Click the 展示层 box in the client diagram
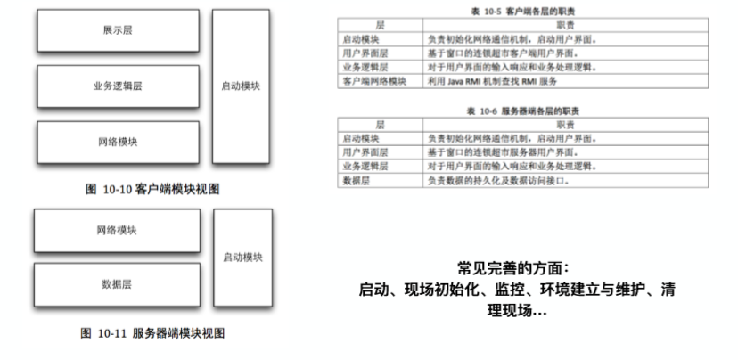[117, 30]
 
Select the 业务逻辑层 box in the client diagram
[117, 86]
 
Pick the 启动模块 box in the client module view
[241, 86]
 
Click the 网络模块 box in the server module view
[117, 230]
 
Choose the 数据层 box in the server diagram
[117, 284]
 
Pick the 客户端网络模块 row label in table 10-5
[373, 80]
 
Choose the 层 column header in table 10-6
[381, 126]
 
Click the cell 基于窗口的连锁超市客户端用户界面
[508, 53]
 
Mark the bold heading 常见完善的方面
[523, 268]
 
